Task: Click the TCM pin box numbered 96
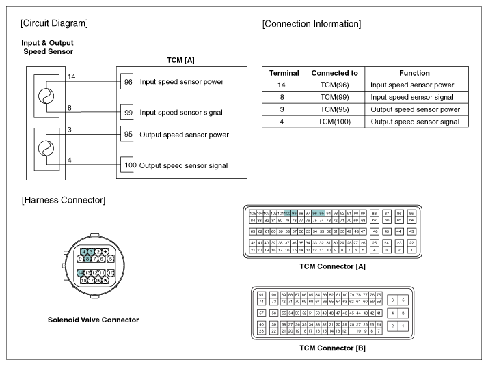[x=128, y=82]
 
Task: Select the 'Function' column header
[x=414, y=73]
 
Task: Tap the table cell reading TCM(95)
[x=330, y=109]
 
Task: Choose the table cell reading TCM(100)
[x=330, y=122]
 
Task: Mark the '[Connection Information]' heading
[x=312, y=25]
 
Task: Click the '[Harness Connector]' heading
[x=63, y=200]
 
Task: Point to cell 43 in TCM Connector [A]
[x=411, y=231]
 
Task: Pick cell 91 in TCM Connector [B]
[x=261, y=294]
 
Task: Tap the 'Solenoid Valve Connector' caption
[x=94, y=320]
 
